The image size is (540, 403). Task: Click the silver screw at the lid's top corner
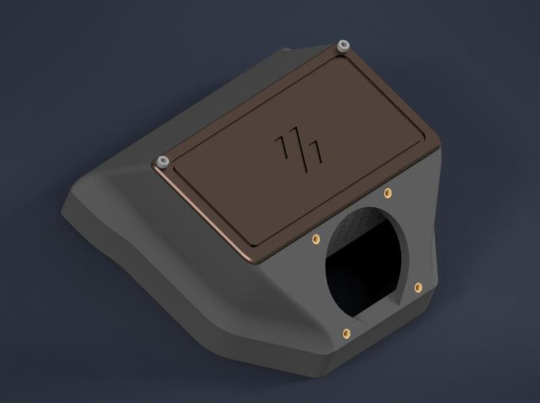click(344, 46)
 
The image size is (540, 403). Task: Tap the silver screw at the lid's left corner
click(162, 161)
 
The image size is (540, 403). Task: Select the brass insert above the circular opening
click(387, 194)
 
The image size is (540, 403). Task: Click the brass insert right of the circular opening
click(418, 287)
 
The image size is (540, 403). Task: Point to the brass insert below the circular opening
click(346, 332)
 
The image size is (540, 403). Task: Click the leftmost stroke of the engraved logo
click(281, 144)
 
